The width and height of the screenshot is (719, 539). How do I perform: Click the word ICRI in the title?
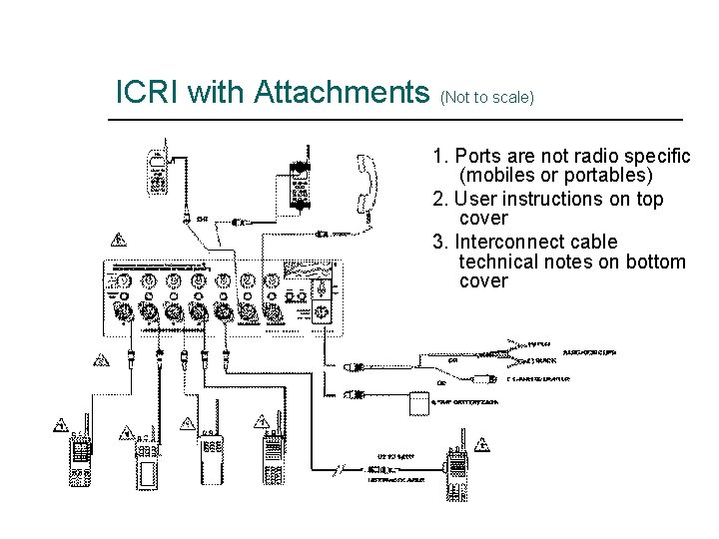coord(148,93)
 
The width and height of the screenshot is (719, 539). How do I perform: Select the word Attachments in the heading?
coord(342,93)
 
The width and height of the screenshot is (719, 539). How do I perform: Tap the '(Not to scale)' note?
coord(486,97)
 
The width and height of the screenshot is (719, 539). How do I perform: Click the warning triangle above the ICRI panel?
coord(118,240)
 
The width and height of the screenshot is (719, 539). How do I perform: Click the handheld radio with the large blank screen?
coord(149,463)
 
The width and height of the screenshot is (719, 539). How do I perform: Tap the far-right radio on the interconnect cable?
coord(457,473)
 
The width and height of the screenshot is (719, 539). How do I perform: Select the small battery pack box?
coord(421,405)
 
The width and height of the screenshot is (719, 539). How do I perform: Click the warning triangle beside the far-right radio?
coord(482,444)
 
